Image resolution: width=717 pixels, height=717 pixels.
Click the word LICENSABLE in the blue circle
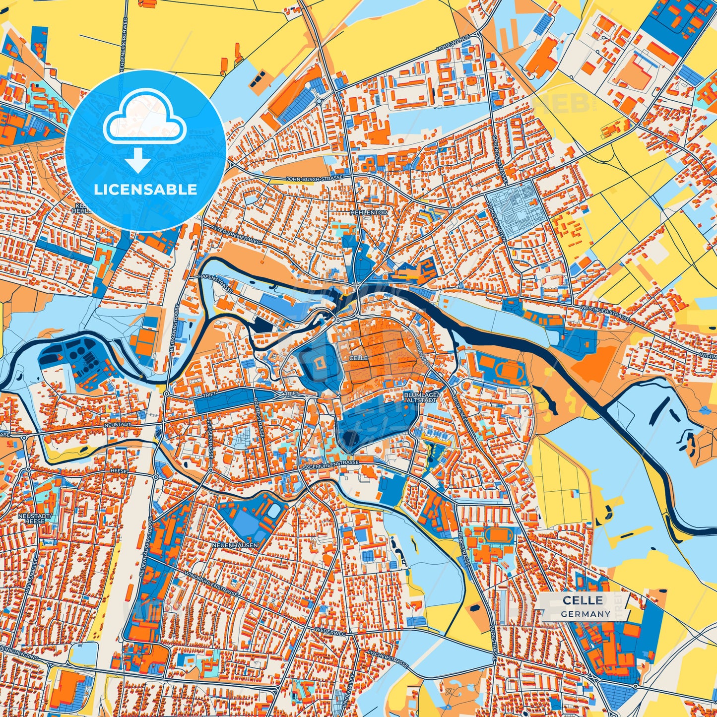(x=145, y=190)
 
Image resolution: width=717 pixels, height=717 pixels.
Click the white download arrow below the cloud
(x=138, y=160)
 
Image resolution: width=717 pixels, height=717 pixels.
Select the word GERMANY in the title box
(x=586, y=614)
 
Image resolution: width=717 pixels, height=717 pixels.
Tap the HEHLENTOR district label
(x=368, y=212)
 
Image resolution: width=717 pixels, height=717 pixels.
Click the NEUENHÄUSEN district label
(x=235, y=545)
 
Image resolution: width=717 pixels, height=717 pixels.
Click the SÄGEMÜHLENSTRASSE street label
(x=329, y=465)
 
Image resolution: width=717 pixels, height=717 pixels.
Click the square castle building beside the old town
(x=319, y=362)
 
